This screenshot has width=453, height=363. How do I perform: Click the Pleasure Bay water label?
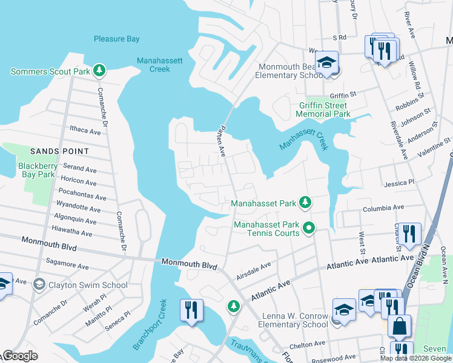point(116,39)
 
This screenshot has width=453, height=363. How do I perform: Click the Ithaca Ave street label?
point(85,131)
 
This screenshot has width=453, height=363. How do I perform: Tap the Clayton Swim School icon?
point(39,284)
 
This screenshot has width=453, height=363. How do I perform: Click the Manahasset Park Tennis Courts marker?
point(309,228)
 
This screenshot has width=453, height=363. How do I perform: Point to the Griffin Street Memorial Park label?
point(324,110)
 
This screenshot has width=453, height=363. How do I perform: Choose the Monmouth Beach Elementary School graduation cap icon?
point(326,62)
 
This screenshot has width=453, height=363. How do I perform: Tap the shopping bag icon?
point(399,326)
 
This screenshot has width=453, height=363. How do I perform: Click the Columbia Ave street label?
point(383,208)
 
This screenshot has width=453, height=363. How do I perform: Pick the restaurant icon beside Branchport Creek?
point(190,310)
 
